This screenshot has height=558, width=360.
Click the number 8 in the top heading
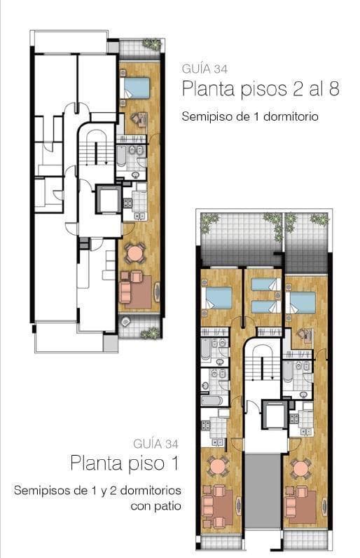pyautogui.click(x=333, y=88)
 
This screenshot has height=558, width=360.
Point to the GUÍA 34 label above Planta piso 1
pyautogui.click(x=155, y=444)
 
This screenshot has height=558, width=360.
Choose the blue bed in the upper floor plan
pyautogui.click(x=134, y=88)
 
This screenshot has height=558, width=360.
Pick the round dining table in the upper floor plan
pyautogui.click(x=134, y=253)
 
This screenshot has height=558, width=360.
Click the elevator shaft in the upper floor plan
pyautogui.click(x=109, y=199)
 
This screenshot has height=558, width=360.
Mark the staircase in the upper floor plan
pyautogui.click(x=93, y=152)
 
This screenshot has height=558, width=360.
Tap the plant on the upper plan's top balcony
pyautogui.click(x=152, y=44)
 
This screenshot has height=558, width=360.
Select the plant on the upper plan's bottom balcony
pyautogui.click(x=150, y=333)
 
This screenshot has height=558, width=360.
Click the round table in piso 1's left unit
pyautogui.click(x=217, y=465)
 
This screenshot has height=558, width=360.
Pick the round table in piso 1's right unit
pyautogui.click(x=300, y=469)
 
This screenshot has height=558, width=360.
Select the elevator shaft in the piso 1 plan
pyautogui.click(x=275, y=415)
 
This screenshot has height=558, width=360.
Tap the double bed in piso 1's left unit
pyautogui.click(x=216, y=298)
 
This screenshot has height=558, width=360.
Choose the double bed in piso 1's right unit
pyautogui.click(x=300, y=303)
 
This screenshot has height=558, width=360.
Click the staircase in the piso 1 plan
pyautogui.click(x=261, y=367)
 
